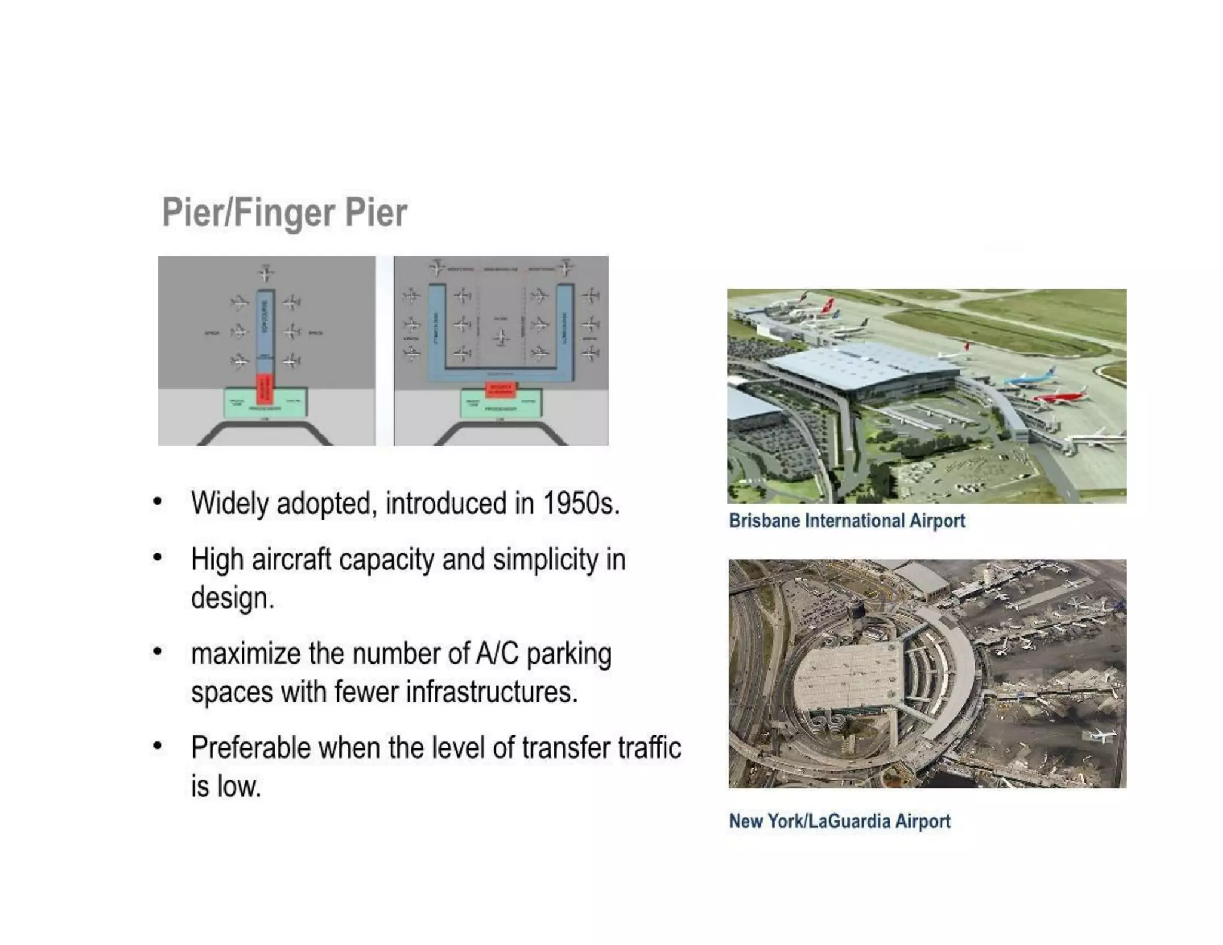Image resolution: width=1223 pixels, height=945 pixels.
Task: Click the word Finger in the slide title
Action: click(284, 213)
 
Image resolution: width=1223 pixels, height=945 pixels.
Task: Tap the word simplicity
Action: click(545, 560)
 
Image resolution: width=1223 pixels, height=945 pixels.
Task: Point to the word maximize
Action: click(246, 653)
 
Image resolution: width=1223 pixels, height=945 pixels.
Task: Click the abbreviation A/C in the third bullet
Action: click(497, 653)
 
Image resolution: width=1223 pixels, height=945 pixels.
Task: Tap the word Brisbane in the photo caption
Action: click(764, 521)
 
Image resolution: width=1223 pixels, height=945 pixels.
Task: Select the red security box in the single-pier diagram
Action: click(264, 389)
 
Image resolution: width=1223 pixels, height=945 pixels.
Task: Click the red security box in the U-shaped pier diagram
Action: click(500, 389)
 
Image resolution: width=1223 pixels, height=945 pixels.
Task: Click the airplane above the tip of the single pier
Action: click(266, 273)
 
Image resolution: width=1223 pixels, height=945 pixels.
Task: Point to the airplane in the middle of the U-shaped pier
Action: click(501, 338)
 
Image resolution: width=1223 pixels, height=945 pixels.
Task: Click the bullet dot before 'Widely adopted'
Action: click(157, 501)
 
